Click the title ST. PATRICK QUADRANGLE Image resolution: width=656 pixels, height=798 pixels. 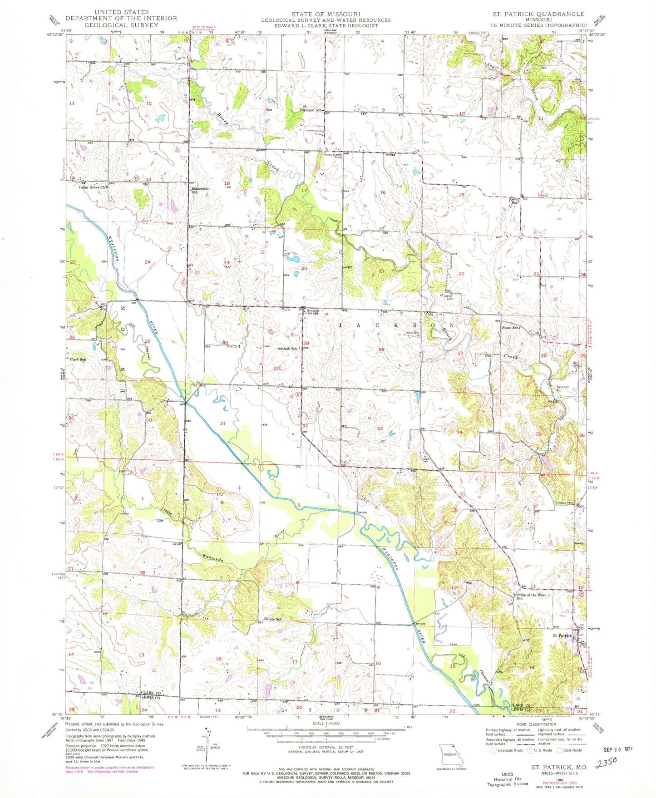pyautogui.click(x=538, y=14)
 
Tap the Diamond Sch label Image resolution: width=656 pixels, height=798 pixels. pyautogui.click(x=311, y=110)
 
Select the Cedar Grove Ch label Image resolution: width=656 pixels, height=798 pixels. pyautogui.click(x=92, y=187)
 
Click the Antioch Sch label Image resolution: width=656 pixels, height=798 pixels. pyautogui.click(x=287, y=349)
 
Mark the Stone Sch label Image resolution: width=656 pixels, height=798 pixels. pyautogui.click(x=510, y=328)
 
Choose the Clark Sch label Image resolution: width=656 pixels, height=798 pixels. pyautogui.click(x=78, y=360)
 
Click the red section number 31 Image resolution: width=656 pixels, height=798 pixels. pyautogui.click(x=222, y=423)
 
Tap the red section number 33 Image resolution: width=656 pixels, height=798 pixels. pyautogui.click(x=380, y=429)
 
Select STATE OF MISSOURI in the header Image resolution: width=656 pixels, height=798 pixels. pyautogui.click(x=326, y=14)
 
